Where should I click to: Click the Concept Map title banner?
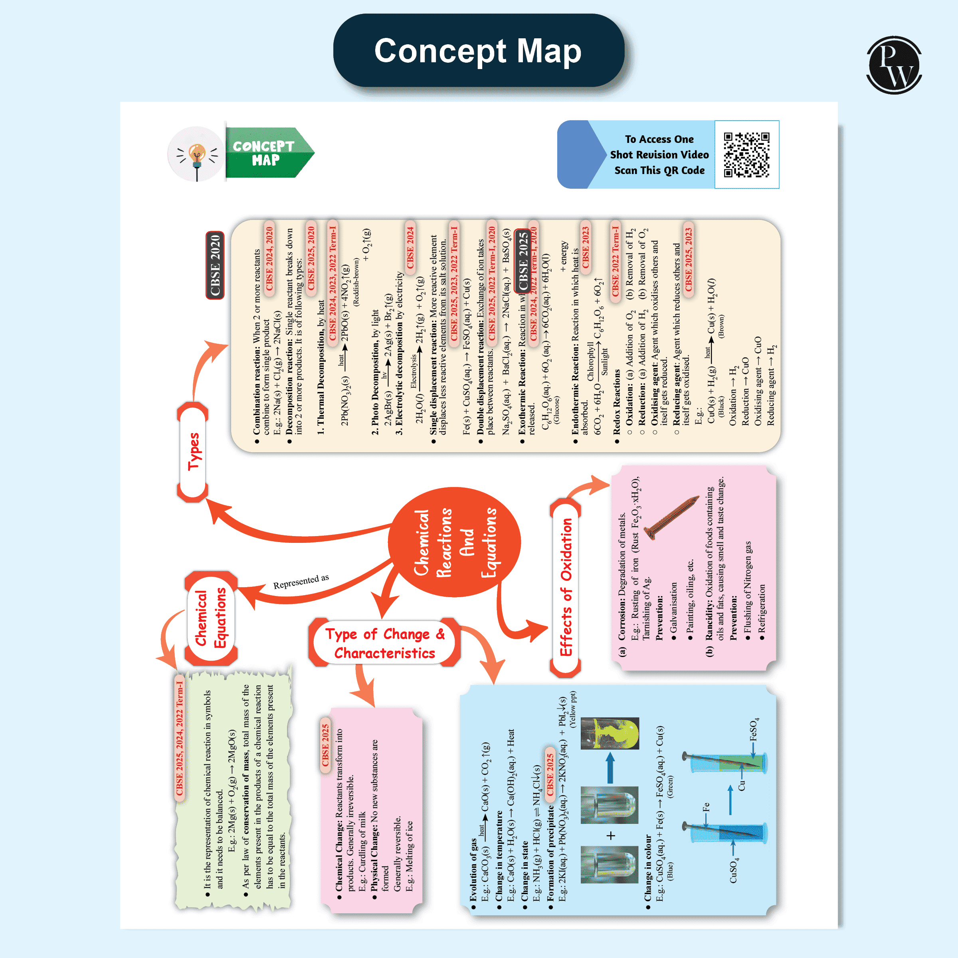[478, 51]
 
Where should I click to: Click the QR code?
[746, 154]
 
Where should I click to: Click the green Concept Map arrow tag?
[268, 153]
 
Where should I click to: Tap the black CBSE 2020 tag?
[215, 265]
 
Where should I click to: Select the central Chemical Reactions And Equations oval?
[454, 542]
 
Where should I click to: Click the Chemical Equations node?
[211, 618]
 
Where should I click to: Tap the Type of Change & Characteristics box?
[384, 643]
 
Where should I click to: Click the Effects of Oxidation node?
[565, 588]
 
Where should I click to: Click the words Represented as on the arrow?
[301, 581]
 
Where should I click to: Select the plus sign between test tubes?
[610, 836]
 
